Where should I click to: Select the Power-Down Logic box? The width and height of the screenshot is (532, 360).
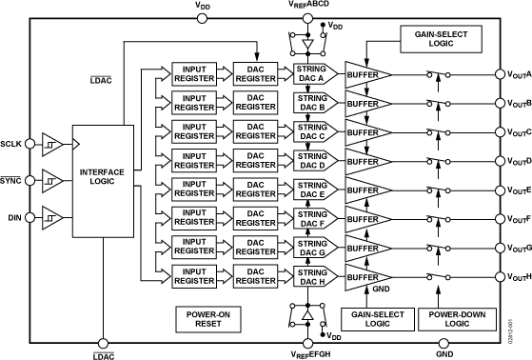453,318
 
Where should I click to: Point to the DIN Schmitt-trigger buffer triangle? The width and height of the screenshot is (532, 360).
54,218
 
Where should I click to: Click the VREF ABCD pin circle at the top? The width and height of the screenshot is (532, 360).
305,13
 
